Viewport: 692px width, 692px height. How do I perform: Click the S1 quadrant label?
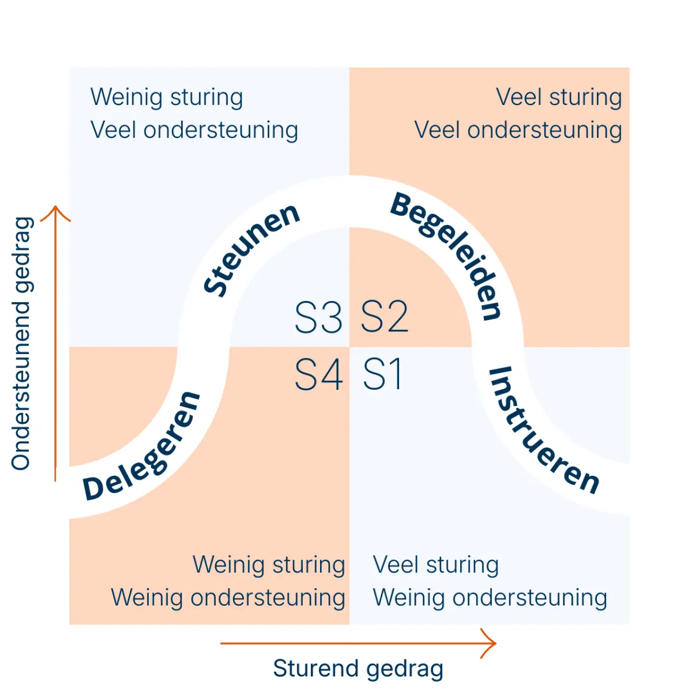tap(383, 374)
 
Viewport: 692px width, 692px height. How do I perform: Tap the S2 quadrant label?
tap(384, 317)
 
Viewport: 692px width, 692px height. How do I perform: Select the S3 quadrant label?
tap(318, 317)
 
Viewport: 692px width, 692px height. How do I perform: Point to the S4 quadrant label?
tap(318, 374)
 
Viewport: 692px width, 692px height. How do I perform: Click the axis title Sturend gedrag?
tap(358, 668)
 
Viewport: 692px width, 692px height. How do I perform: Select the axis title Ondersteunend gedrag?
tap(22, 344)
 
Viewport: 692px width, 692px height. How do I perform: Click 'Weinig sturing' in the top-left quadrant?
tap(167, 97)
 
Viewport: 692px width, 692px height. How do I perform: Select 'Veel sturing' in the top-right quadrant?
tap(559, 97)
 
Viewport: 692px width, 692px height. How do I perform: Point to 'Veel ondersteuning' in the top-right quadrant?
tap(518, 130)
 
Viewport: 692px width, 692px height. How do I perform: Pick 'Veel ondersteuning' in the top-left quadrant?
tap(194, 130)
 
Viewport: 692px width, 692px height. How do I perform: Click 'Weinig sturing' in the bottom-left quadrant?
tap(269, 565)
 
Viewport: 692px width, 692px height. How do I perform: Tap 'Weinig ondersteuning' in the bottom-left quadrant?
tap(228, 598)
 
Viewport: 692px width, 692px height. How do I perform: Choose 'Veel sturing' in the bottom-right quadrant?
tap(436, 565)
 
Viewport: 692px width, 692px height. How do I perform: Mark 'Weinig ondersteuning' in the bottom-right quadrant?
tap(490, 598)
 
